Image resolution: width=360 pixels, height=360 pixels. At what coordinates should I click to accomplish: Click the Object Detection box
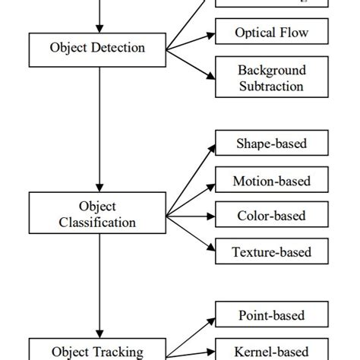coord(97,48)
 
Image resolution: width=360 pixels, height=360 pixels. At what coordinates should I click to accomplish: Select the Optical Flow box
coord(271,33)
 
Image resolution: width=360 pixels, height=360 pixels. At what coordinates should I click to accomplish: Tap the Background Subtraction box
coord(271,78)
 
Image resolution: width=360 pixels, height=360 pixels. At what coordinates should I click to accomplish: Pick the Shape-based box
coord(271,143)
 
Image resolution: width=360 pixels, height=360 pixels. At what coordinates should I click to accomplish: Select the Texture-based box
coord(271,250)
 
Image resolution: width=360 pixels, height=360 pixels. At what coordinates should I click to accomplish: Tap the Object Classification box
coord(97,213)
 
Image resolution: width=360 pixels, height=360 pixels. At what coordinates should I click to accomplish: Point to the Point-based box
coord(271,314)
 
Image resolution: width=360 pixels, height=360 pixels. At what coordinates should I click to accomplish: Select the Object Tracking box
coord(97,350)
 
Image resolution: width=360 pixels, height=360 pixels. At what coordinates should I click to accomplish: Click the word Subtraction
coord(271,86)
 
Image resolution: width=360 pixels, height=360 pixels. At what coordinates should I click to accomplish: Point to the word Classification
coord(97,222)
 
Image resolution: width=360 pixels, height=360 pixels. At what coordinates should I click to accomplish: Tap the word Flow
coord(292,33)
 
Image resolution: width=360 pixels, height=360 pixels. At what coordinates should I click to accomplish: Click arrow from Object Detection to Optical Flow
coord(190,41)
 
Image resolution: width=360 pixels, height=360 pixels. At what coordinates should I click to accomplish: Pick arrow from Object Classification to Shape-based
coord(190,178)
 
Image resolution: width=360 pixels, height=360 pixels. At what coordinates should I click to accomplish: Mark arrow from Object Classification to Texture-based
coord(190,231)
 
